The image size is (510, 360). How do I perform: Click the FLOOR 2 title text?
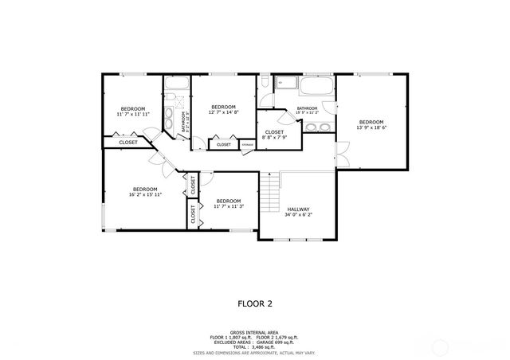[255, 303]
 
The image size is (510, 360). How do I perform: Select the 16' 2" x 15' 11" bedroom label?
[145, 191]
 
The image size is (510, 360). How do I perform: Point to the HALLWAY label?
[299, 211]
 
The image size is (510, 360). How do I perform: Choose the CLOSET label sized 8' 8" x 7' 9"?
[274, 135]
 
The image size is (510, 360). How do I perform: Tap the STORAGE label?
[248, 144]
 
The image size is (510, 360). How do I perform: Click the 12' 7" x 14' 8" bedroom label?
[223, 109]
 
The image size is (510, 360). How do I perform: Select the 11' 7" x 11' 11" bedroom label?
[133, 111]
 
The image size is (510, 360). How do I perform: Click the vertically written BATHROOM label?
[184, 121]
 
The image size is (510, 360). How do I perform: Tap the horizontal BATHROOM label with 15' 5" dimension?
[307, 111]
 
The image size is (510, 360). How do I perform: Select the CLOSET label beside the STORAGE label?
[224, 144]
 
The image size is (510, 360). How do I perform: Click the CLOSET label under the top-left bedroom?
[128, 143]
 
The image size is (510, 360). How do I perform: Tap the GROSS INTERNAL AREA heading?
[255, 333]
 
